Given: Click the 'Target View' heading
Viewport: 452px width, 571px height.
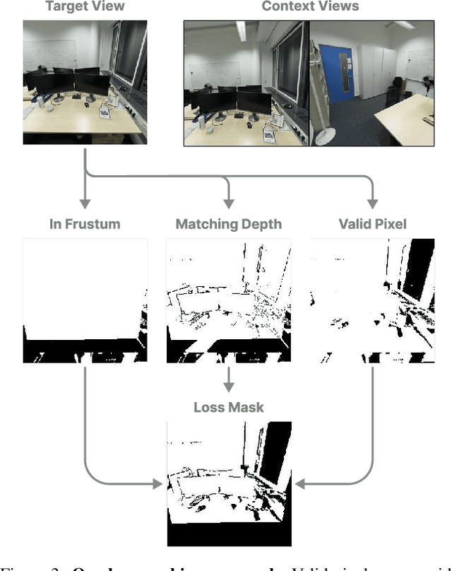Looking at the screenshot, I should pyautogui.click(x=85, y=7).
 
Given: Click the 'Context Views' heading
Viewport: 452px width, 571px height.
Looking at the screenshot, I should pyautogui.click(x=310, y=7).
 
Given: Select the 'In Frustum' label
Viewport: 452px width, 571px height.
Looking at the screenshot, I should pyautogui.click(x=85, y=225).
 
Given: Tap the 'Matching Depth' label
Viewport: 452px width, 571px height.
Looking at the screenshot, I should pyautogui.click(x=228, y=225).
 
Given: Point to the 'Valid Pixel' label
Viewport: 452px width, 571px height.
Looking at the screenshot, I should pyautogui.click(x=371, y=225).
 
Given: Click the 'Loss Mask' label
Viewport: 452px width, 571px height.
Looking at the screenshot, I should pyautogui.click(x=228, y=408).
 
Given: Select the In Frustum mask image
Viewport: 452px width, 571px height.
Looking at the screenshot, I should pyautogui.click(x=85, y=300).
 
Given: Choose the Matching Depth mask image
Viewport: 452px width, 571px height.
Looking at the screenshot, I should pyautogui.click(x=228, y=300).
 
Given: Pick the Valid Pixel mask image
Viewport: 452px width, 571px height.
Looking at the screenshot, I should pyautogui.click(x=371, y=300).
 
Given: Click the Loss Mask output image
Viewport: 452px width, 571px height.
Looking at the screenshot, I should pyautogui.click(x=228, y=483).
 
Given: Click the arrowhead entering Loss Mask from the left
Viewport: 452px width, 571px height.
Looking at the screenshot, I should pyautogui.click(x=159, y=485).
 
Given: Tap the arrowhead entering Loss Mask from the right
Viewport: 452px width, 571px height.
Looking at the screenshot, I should pyautogui.click(x=299, y=485).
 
